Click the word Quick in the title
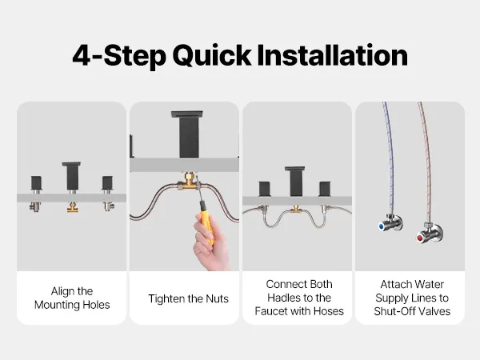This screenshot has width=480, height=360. (212, 56)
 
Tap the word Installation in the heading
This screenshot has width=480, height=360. (333, 55)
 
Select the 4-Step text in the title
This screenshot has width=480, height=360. (119, 56)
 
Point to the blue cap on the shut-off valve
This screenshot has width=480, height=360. (382, 226)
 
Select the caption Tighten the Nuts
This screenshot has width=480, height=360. (188, 298)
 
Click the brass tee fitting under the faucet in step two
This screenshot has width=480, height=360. (189, 181)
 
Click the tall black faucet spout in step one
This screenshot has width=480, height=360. (71, 176)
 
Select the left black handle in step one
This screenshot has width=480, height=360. (36, 182)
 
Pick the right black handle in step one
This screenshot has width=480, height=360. (107, 182)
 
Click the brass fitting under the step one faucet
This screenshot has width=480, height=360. (72, 207)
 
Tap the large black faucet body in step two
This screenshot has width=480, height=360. (186, 134)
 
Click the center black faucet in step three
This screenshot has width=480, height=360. (294, 182)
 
